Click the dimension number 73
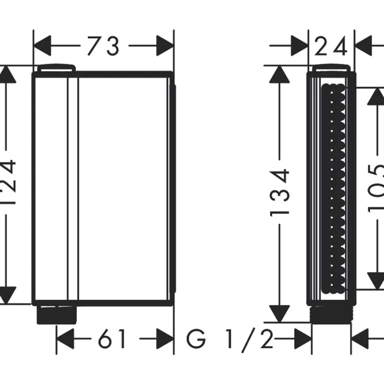click(103, 46)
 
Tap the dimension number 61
click(112, 339)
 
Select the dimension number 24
click(331, 46)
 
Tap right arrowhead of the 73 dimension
click(165, 46)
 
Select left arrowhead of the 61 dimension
click(65, 339)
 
